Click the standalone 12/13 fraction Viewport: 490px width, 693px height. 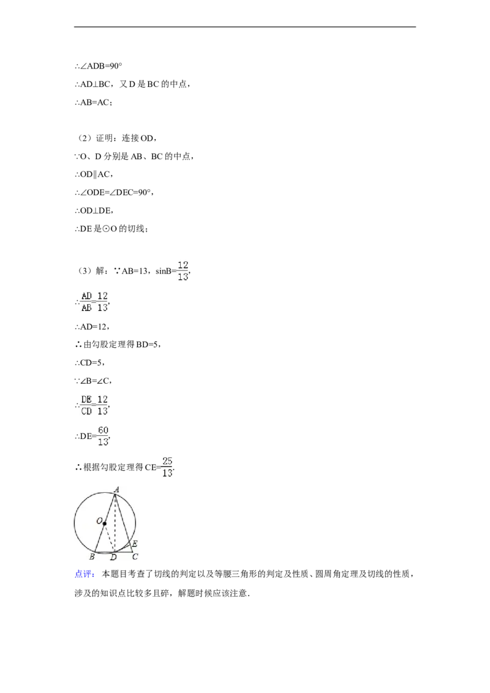[182, 270]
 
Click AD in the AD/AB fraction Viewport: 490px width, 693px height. [86, 296]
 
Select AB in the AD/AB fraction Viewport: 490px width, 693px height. [86, 308]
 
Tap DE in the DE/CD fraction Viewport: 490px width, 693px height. [86, 399]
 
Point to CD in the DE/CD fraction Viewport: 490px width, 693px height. [86, 411]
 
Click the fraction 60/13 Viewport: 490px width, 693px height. [103, 435]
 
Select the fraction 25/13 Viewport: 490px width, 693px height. [167, 467]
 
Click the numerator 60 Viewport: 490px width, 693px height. [103, 430]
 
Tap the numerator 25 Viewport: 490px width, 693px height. [167, 461]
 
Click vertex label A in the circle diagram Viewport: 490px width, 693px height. [116, 489]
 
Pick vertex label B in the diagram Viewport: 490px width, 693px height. [91, 556]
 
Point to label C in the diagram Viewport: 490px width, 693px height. [135, 556]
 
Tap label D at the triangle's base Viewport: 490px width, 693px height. [113, 557]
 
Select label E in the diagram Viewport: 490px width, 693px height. [134, 544]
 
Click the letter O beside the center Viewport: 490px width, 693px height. [98, 522]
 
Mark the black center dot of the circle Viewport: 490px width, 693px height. [105, 523]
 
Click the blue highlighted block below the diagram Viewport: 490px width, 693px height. [84, 573]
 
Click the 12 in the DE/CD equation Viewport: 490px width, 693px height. [102, 399]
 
